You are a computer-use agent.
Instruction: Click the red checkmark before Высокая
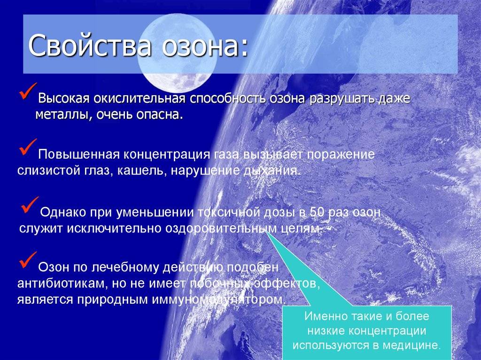click(x=28, y=91)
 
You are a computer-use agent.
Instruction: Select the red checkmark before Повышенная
click(x=28, y=147)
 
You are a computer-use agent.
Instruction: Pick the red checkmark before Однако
click(x=30, y=205)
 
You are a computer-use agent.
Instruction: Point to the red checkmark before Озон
click(x=28, y=260)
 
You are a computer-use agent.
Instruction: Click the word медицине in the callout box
click(x=411, y=345)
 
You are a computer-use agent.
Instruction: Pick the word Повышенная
click(x=79, y=154)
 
